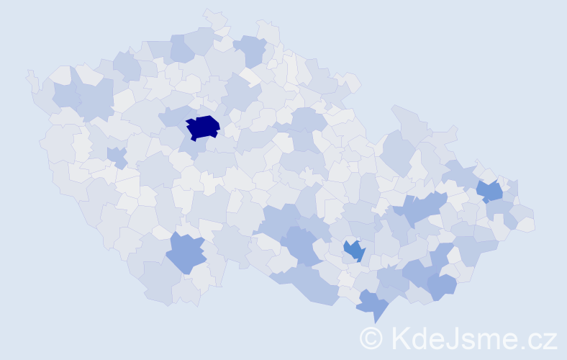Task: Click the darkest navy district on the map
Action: click(x=203, y=127)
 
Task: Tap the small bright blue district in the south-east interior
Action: click(x=354, y=250)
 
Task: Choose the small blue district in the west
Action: click(x=117, y=156)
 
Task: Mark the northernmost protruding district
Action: click(x=214, y=17)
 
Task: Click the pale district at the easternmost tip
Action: click(x=526, y=224)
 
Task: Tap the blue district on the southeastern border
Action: click(x=442, y=286)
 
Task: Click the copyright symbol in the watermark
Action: click(x=372, y=338)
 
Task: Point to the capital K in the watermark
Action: click(x=401, y=338)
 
